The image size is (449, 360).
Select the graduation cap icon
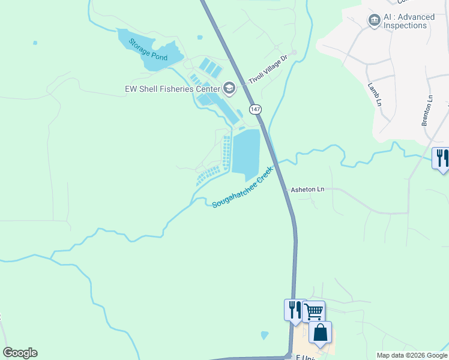click(x=229, y=89)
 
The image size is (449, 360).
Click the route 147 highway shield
click(x=256, y=109)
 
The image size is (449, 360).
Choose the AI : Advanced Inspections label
click(x=405, y=22)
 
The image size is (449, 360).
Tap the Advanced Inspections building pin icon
click(x=374, y=21)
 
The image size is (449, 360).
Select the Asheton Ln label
click(x=307, y=189)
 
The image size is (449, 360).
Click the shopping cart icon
click(x=313, y=311)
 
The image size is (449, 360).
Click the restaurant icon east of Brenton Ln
click(x=442, y=158)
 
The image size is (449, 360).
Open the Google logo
click(x=20, y=353)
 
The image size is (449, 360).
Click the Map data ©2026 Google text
click(x=412, y=355)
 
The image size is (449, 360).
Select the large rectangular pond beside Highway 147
click(x=246, y=152)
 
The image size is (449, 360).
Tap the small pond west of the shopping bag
click(x=265, y=335)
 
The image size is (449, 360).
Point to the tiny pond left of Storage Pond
click(x=35, y=43)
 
